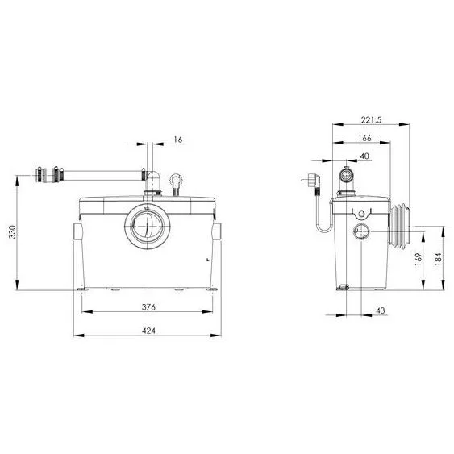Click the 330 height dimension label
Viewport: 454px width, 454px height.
pyautogui.click(x=12, y=231)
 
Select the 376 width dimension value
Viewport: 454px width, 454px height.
pyautogui.click(x=148, y=307)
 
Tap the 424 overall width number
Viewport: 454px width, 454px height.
pyautogui.click(x=148, y=331)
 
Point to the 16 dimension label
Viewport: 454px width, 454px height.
pyautogui.click(x=178, y=140)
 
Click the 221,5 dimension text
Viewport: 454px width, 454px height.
pyautogui.click(x=372, y=119)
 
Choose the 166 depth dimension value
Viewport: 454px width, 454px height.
pyautogui.click(x=364, y=138)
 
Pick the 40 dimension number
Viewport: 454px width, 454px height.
pyautogui.click(x=364, y=156)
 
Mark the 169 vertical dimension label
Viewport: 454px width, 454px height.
pyautogui.click(x=419, y=260)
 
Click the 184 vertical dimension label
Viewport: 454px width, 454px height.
pyautogui.click(x=439, y=259)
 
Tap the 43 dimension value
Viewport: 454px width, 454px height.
pyautogui.click(x=381, y=310)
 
